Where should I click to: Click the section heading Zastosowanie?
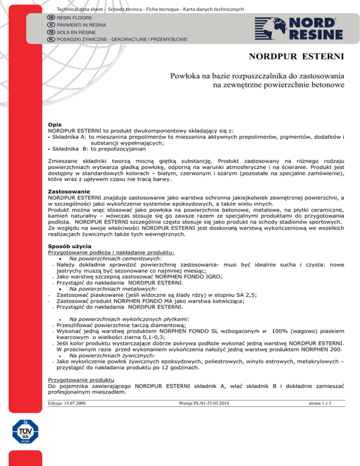[x=71, y=192]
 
